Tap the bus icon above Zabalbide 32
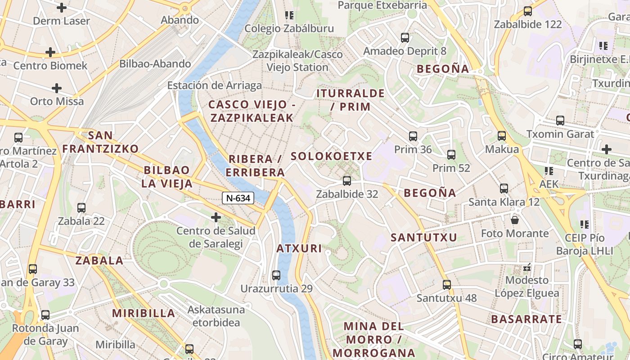[346, 181]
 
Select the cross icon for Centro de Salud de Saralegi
[216, 218]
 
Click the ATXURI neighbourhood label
[299, 248]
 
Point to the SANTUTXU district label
[424, 237]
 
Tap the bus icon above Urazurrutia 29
[276, 275]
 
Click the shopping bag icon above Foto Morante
[515, 220]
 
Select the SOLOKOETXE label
[332, 156]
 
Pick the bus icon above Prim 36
[413, 136]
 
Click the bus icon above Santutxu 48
[446, 284]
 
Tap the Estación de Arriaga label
[214, 85]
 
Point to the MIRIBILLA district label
[144, 313]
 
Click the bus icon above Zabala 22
[81, 208]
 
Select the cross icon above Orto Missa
[57, 88]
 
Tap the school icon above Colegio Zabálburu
[289, 15]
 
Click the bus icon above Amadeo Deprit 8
[405, 38]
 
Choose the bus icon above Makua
[502, 135]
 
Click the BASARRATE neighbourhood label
[526, 319]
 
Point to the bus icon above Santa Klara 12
[504, 189]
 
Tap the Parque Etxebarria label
[382, 5]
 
